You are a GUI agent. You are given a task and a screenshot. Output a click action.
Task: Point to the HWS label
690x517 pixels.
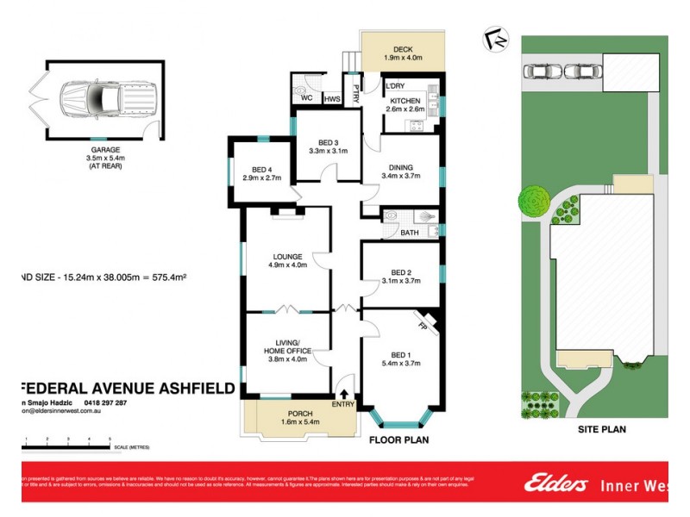332,99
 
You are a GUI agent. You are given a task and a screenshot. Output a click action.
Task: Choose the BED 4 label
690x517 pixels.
260,170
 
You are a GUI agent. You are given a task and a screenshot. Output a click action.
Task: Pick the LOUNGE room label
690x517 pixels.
285,256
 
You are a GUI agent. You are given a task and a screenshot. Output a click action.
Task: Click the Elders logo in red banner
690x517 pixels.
555,484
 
